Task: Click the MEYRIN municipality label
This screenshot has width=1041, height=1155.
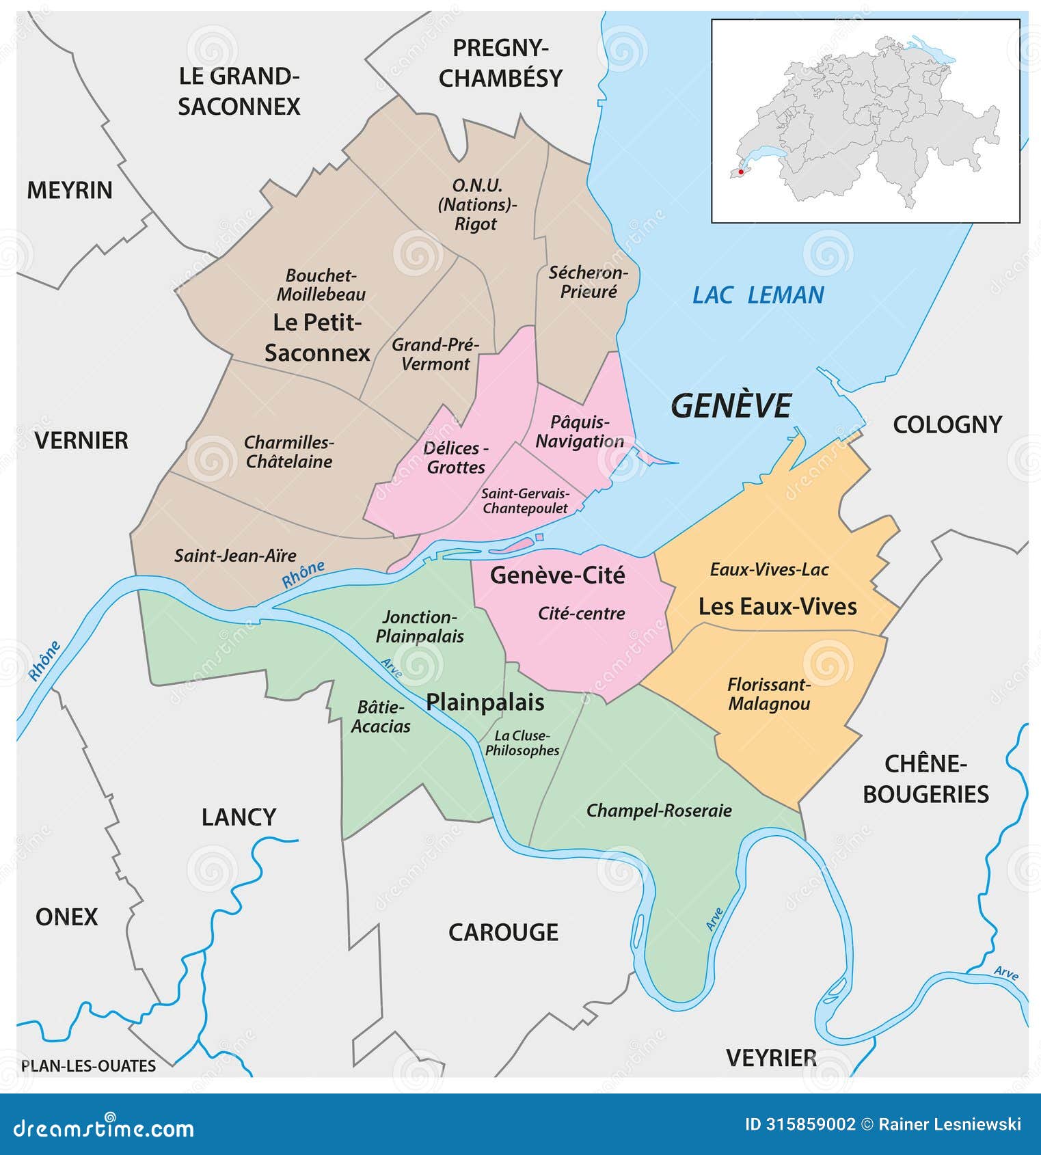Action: [69, 190]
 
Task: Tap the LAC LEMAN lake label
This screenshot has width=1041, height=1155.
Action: [757, 295]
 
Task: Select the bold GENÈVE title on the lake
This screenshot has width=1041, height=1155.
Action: [731, 406]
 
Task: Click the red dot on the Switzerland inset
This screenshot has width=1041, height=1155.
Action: [740, 172]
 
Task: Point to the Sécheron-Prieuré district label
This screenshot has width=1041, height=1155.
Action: [588, 282]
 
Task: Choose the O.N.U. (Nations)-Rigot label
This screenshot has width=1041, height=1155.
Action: [477, 204]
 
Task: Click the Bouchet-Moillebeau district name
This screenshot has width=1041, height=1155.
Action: [321, 285]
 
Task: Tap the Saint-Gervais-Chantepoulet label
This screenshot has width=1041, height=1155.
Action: [525, 501]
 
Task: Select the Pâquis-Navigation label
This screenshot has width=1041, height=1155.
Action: [579, 431]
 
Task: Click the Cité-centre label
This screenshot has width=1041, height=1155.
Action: [581, 614]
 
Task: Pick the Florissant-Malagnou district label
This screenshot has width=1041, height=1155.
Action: [769, 694]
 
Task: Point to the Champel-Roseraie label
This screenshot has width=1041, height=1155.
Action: [659, 811]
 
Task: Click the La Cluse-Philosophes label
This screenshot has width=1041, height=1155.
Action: [522, 743]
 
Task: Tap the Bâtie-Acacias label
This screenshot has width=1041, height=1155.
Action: [381, 716]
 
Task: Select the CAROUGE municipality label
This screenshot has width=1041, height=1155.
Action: [503, 932]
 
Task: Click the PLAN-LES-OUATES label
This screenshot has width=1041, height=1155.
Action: [88, 1065]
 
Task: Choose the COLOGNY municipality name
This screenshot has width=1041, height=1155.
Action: [947, 424]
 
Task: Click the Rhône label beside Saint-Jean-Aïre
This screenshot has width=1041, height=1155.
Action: [303, 574]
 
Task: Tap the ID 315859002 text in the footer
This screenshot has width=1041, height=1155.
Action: [800, 1124]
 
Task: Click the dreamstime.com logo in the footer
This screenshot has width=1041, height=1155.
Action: [104, 1128]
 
